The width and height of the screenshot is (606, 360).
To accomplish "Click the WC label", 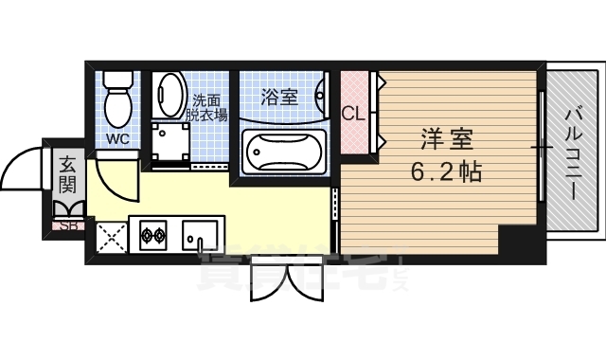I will [x=118, y=138].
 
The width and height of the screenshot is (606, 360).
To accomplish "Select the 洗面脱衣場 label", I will [x=207, y=107].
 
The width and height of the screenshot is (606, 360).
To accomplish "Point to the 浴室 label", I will [x=279, y=96].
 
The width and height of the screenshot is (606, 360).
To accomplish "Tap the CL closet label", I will [x=353, y=115].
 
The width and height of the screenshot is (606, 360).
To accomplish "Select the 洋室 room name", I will [x=447, y=140].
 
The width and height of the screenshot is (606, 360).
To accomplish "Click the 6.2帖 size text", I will [x=446, y=171].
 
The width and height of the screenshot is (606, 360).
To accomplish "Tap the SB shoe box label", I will [x=69, y=225].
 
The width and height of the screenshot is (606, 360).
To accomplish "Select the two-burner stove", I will [x=153, y=233].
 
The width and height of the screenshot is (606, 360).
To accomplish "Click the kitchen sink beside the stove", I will [x=201, y=233].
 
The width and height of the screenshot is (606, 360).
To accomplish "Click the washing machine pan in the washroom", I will [x=170, y=143].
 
